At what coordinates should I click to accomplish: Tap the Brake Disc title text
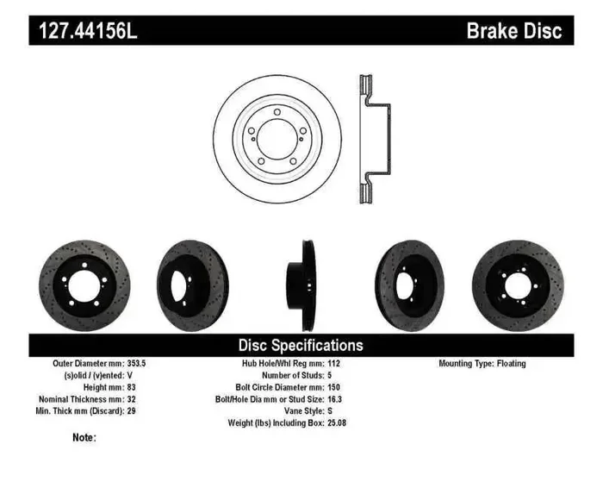(x=513, y=32)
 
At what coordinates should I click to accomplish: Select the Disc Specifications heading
(x=301, y=345)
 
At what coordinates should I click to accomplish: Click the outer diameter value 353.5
(x=138, y=364)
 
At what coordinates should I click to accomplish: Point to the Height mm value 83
(x=132, y=388)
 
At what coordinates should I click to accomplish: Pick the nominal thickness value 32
(x=132, y=400)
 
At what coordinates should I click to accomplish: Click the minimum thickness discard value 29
(x=132, y=412)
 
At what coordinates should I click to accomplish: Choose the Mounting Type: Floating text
(x=482, y=364)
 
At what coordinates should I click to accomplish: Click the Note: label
(x=84, y=438)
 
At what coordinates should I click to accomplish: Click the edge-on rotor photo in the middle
(x=301, y=285)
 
